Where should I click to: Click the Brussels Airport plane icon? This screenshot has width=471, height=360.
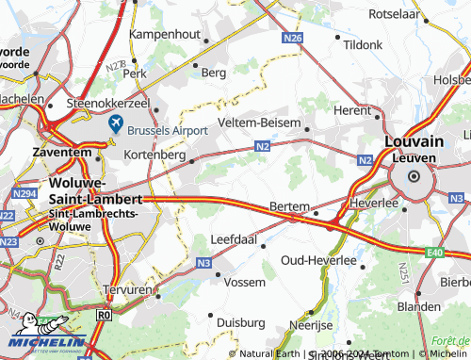click(116, 124)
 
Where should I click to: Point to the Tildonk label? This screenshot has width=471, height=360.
click(363, 44)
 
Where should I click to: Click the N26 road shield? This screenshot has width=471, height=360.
click(292, 38)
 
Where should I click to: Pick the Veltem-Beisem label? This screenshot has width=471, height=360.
click(257, 124)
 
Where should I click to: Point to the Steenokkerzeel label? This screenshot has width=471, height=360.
click(108, 103)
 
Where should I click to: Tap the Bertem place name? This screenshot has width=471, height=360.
click(289, 205)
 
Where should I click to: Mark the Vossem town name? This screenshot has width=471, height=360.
click(244, 282)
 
